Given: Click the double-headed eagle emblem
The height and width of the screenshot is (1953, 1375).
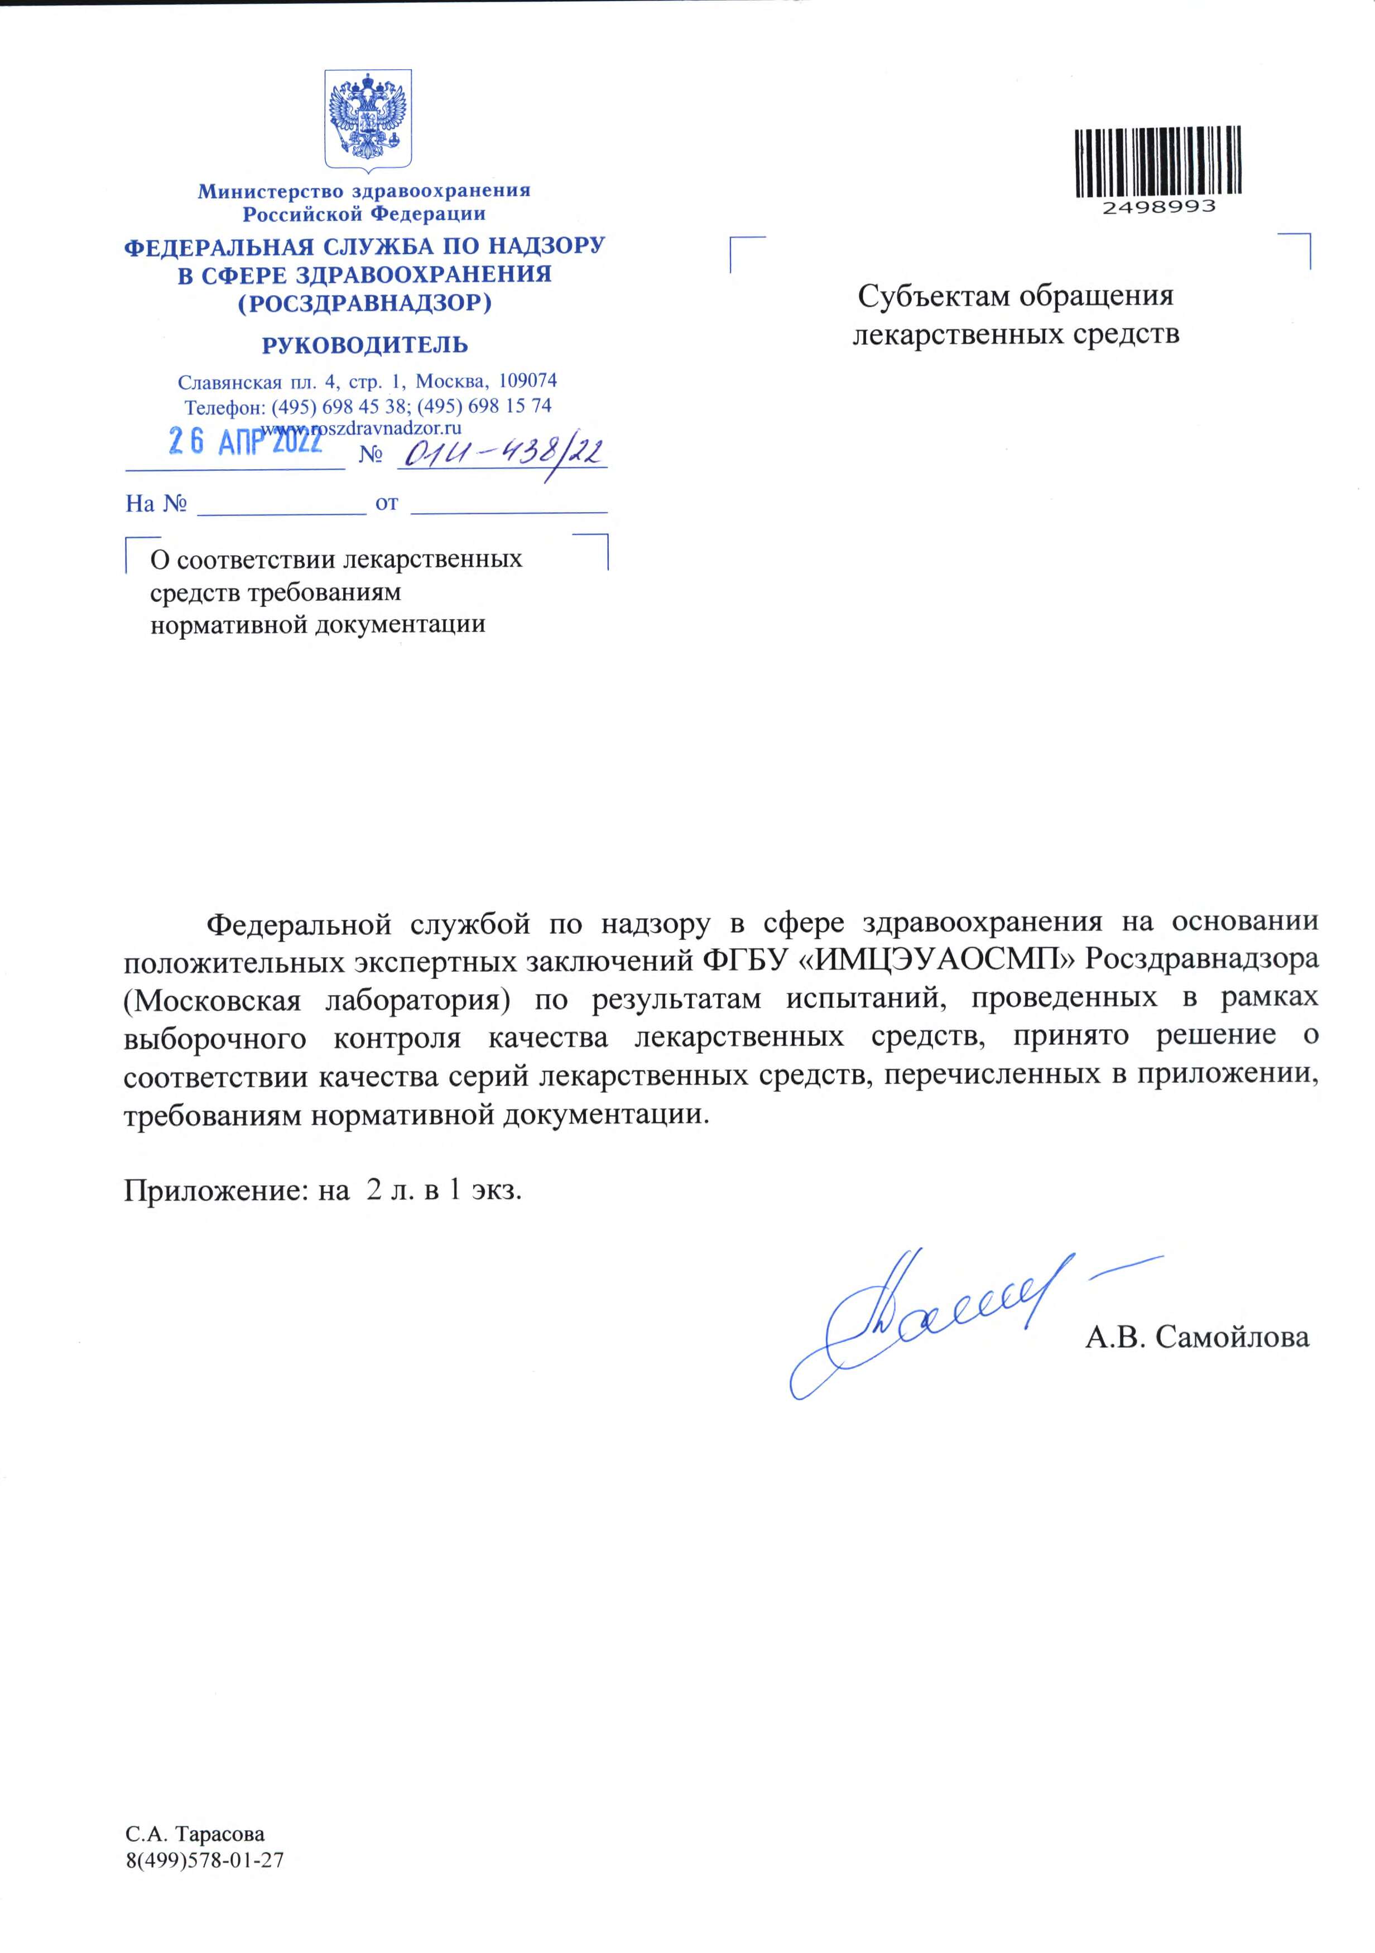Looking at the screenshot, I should (x=368, y=118).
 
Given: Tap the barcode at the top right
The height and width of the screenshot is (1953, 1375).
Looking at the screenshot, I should (x=1157, y=162).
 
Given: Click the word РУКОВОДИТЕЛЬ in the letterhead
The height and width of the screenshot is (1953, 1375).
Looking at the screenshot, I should (x=364, y=345).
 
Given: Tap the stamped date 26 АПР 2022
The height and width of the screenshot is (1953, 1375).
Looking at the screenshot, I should (x=245, y=441).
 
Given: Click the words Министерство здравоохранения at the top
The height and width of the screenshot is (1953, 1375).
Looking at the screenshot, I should (x=364, y=191).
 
